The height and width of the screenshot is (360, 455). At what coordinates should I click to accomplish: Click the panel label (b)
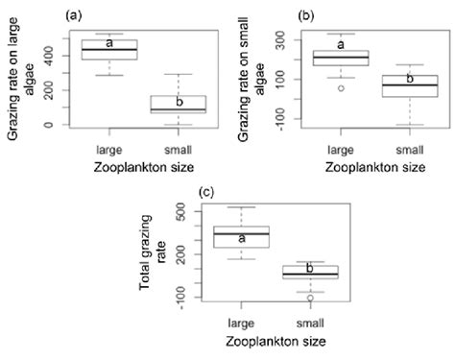tap(306, 14)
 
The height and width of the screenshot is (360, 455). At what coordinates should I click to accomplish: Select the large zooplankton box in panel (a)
tap(109, 50)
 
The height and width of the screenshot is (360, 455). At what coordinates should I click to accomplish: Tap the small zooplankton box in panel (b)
tap(410, 85)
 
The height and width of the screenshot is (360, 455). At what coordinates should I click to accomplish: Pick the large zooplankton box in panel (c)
tap(241, 236)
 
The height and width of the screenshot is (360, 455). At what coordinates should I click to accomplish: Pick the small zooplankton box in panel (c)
tap(309, 272)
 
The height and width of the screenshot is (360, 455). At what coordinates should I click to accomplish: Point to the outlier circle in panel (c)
tap(309, 298)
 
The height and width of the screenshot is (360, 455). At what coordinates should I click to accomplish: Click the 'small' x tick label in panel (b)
tap(410, 150)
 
